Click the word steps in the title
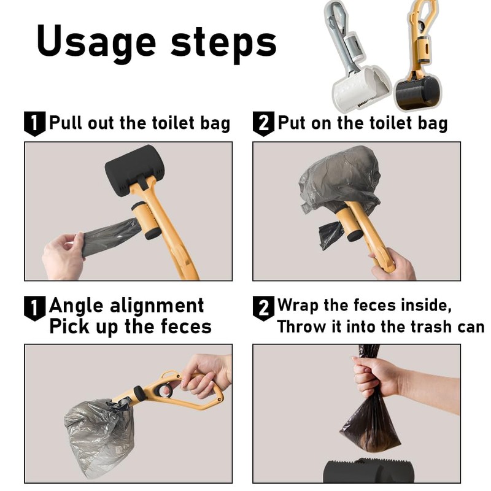click(223, 43)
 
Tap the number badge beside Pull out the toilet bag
click(35, 124)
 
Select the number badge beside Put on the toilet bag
click(264, 124)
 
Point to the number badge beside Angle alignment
click(35, 309)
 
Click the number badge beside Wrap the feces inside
click(264, 309)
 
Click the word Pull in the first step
click(66, 122)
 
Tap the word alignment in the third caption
click(157, 306)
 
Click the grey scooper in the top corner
click(357, 56)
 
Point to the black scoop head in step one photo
click(134, 170)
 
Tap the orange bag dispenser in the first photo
click(146, 221)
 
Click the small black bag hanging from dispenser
click(331, 234)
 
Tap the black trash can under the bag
click(368, 471)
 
